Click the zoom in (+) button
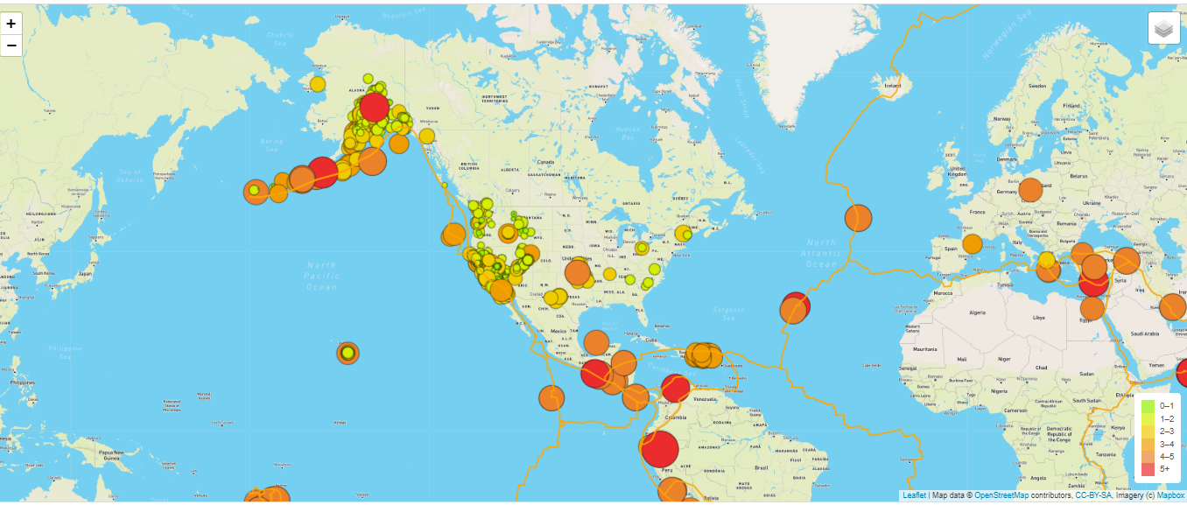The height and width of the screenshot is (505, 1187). tap(11, 24)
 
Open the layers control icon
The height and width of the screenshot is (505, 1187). tap(1163, 28)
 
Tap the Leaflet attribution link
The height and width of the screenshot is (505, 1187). tap(914, 495)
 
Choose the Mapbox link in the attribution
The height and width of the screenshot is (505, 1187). tap(1170, 495)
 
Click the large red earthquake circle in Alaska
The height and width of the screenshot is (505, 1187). tap(374, 108)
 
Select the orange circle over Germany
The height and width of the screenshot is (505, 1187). tap(1030, 190)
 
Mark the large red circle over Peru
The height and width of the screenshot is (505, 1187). tap(660, 449)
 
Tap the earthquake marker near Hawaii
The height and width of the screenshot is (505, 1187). tap(348, 353)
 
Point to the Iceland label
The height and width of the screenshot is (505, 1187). tap(892, 86)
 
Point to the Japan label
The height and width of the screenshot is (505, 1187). tap(85, 273)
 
